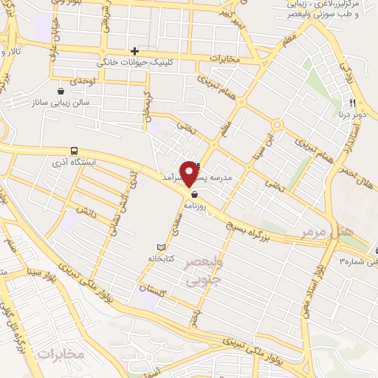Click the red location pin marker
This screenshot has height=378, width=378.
coord(190,173)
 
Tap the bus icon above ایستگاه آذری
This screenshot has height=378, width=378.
coord(74,150)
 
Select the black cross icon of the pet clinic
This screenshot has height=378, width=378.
coord(134,51)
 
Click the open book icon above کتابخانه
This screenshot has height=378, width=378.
coord(162,247)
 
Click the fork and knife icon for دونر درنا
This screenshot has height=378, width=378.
coord(353,102)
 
